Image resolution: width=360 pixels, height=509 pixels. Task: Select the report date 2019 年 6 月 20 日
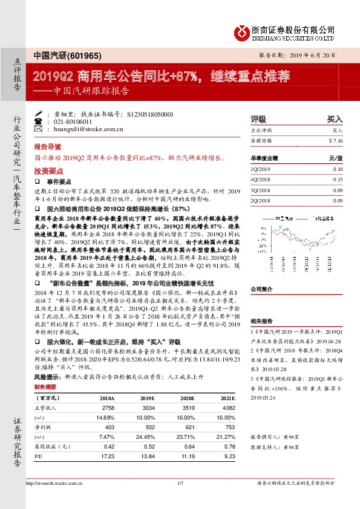coord(313,54)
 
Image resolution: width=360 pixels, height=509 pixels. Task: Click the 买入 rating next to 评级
coord(335,120)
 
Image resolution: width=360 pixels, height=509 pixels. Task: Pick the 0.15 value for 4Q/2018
coord(337,180)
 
